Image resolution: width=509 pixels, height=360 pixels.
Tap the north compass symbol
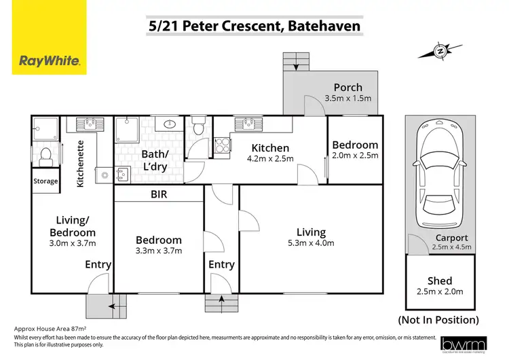440,50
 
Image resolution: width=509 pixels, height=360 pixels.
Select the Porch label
347,87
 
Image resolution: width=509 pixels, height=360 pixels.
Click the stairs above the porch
295,62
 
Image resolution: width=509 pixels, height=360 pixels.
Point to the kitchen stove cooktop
222,145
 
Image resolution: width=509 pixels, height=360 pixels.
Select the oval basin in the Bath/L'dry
169,124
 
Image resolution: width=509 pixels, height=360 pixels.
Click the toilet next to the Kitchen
199,126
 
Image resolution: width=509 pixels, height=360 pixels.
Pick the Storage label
46,181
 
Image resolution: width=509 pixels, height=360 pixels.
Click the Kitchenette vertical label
80,163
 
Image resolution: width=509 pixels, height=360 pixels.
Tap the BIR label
158,194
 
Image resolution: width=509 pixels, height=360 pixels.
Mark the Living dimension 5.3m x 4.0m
311,245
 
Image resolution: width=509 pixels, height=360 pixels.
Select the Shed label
439,281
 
